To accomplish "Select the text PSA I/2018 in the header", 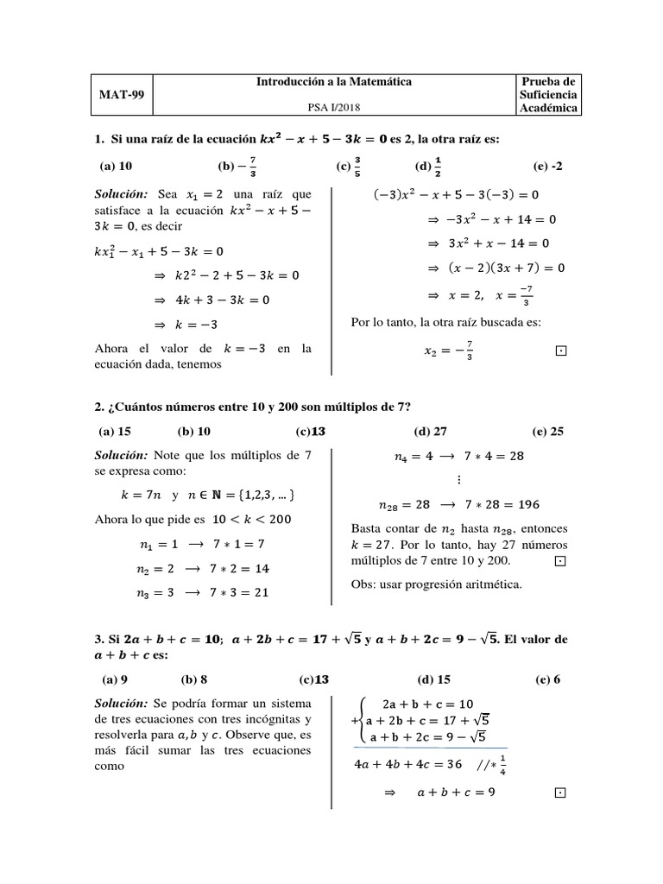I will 332,106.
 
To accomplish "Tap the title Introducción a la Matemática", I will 332,82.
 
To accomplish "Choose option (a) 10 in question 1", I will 115,167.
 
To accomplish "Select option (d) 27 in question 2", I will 431,431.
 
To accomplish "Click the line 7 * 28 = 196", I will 483,505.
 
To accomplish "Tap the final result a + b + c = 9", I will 455,792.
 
